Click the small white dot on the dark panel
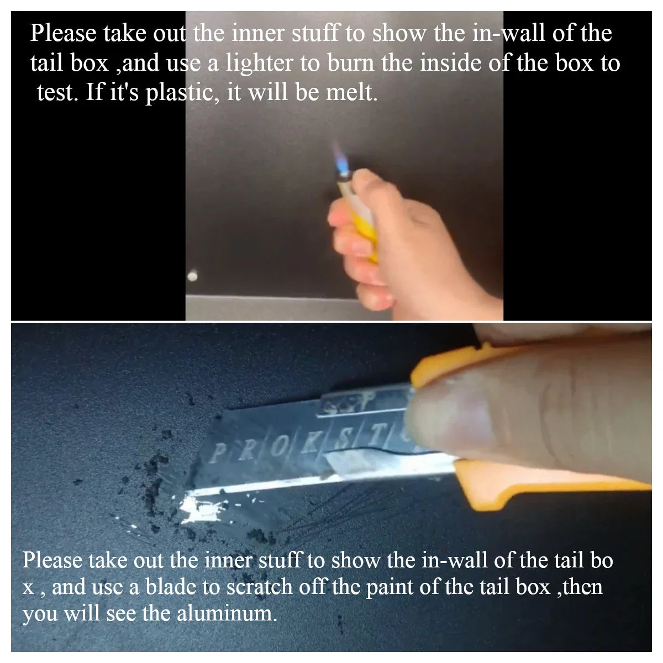[x=193, y=276]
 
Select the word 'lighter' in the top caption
[x=260, y=63]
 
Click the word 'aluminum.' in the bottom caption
[x=227, y=613]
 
